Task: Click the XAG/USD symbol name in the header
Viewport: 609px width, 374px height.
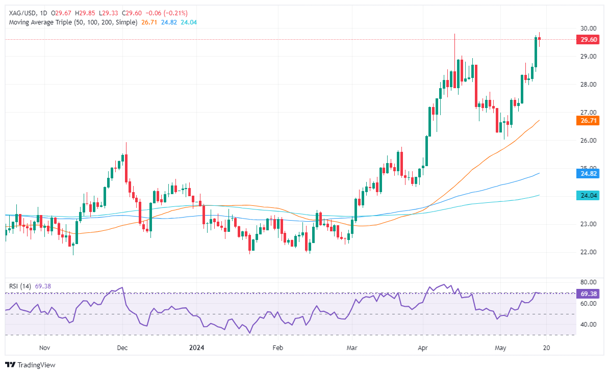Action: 20,12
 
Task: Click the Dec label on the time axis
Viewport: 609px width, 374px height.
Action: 122,348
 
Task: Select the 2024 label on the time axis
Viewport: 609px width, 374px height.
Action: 196,348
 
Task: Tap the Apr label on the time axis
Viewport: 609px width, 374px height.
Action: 423,348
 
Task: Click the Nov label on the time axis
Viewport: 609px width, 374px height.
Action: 44,348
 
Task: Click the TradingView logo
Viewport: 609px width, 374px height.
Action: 31,365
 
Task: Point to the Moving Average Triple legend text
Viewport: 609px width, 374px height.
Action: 71,22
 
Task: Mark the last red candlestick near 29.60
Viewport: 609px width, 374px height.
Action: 539,39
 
